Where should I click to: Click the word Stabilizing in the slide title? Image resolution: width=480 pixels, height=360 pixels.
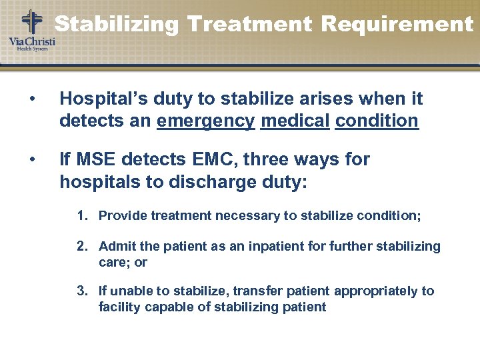pyautogui.click(x=117, y=25)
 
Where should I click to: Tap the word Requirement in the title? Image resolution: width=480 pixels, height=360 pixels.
pyautogui.click(x=397, y=25)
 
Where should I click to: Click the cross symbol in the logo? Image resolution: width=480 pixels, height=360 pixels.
pyautogui.click(x=31, y=22)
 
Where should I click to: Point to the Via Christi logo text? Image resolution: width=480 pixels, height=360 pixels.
pyautogui.click(x=31, y=42)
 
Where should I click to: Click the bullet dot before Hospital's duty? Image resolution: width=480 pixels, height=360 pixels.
pyautogui.click(x=31, y=100)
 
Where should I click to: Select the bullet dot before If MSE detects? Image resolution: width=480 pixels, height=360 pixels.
pyautogui.click(x=31, y=160)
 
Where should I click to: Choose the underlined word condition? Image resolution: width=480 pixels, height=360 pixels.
pyautogui.click(x=377, y=121)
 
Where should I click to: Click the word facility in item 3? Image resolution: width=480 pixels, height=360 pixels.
pyautogui.click(x=117, y=307)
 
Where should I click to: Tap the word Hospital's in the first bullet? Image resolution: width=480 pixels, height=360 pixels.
pyautogui.click(x=97, y=99)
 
